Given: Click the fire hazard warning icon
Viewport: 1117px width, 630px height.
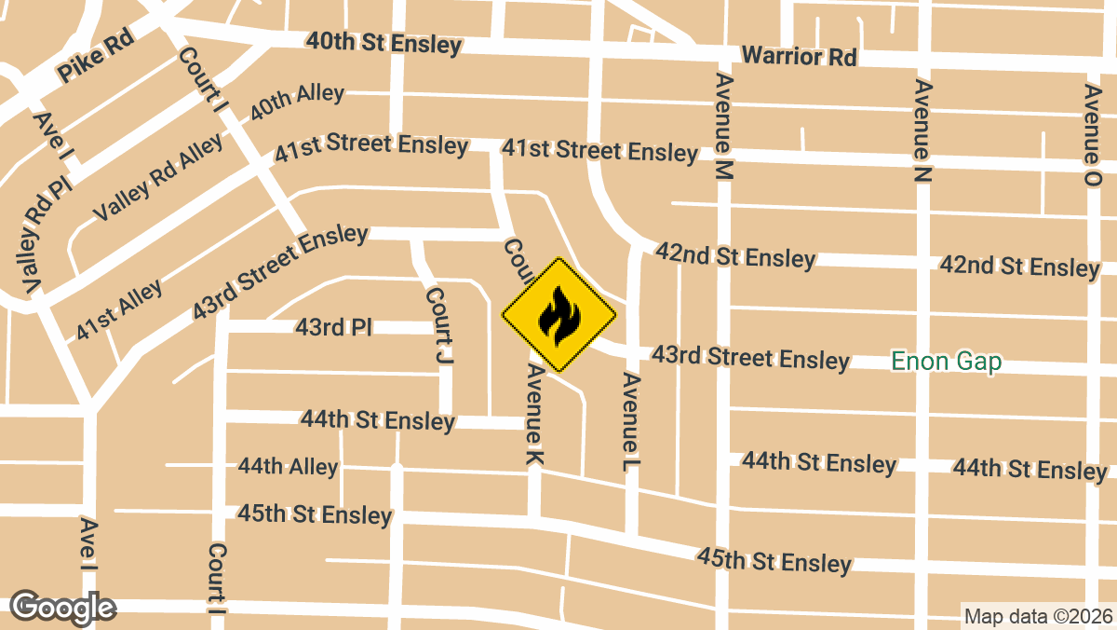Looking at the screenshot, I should tap(558, 315).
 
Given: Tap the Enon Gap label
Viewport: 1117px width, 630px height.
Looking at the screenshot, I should tap(946, 362).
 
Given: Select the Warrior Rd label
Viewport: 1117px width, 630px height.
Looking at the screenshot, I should tap(799, 56).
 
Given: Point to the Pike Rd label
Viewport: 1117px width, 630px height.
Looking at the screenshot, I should tap(96, 58).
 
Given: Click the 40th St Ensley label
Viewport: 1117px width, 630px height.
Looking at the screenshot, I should tap(384, 43).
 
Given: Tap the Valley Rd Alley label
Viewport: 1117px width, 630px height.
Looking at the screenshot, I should tap(158, 177).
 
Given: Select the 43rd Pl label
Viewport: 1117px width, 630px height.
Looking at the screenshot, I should tap(333, 327).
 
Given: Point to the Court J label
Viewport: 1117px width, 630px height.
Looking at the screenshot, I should tap(438, 323).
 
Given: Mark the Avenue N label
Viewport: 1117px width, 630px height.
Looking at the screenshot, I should tap(922, 130).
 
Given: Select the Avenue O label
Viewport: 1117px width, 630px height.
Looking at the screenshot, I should tap(1093, 135).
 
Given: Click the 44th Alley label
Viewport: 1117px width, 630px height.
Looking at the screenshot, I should tap(288, 466).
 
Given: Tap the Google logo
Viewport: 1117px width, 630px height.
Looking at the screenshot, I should tap(62, 607).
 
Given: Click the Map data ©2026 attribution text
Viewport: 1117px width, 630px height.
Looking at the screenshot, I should tap(1037, 616).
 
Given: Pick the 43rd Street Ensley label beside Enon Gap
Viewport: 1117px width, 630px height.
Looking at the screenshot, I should tap(750, 357).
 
